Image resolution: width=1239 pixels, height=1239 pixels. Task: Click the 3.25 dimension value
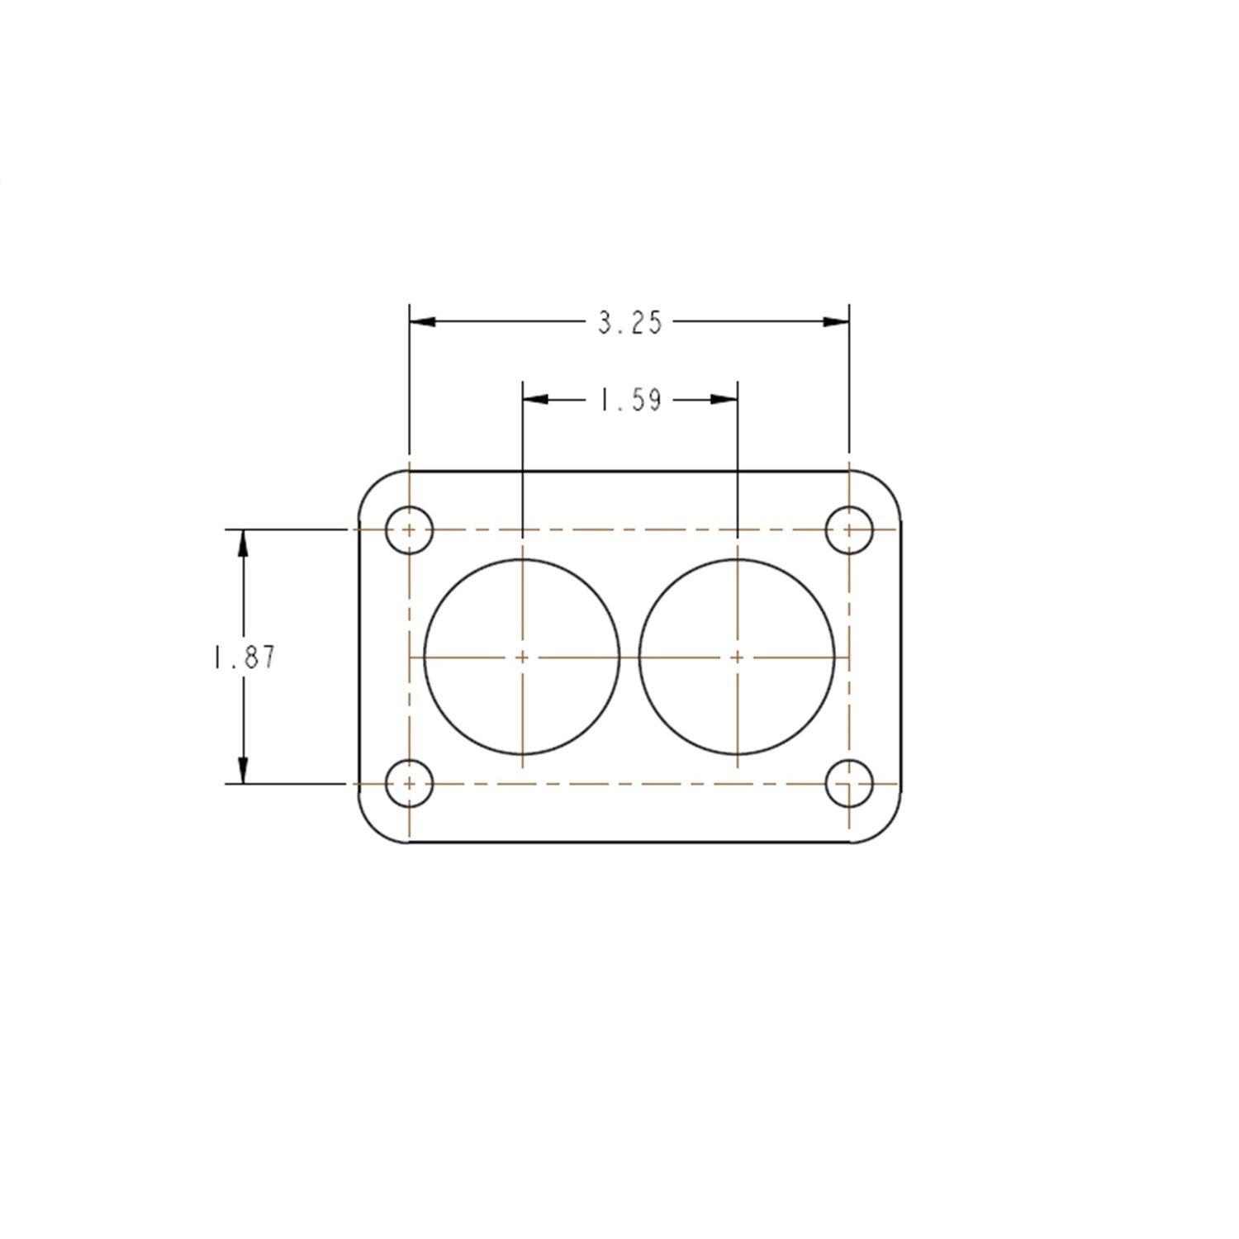[x=630, y=322]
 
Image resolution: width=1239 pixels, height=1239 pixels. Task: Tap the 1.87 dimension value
[x=244, y=657]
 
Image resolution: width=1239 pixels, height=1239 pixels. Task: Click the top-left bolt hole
[x=410, y=529]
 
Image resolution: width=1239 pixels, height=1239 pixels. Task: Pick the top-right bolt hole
[x=849, y=529]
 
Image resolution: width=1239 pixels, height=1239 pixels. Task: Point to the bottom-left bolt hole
[x=410, y=783]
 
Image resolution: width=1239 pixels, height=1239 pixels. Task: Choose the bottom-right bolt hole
[x=849, y=783]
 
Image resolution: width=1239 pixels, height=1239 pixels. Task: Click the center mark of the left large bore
[x=522, y=657]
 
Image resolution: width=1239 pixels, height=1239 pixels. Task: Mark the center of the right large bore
[x=737, y=657]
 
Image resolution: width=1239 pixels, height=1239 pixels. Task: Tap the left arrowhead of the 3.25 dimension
[x=423, y=321]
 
